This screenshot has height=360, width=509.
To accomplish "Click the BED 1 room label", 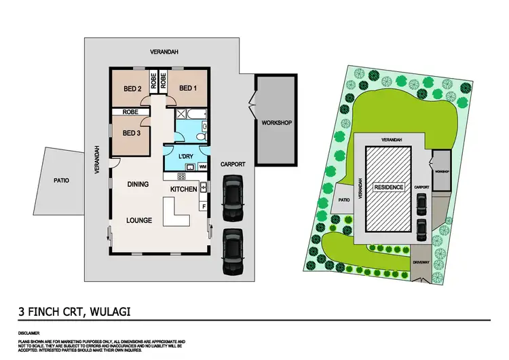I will click(x=187, y=88).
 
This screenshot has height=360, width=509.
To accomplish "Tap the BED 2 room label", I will click(x=132, y=88).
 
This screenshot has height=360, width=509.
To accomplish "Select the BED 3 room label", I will click(x=132, y=132).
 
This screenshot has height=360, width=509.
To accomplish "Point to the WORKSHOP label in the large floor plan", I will click(x=276, y=123).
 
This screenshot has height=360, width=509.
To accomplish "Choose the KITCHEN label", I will click(x=183, y=189).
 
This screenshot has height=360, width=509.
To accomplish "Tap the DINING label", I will click(x=138, y=184).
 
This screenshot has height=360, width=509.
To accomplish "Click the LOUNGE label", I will click(x=138, y=220).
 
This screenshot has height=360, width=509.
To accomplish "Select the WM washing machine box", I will click(x=202, y=166).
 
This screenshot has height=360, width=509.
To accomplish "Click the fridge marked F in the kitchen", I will click(x=203, y=205).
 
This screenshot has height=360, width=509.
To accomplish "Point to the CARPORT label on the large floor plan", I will click(x=233, y=164).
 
